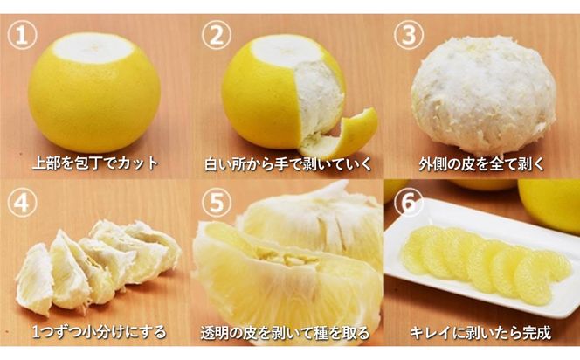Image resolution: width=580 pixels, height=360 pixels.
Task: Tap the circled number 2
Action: click(217, 38)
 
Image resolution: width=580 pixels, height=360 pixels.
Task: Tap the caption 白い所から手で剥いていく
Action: click(288, 163)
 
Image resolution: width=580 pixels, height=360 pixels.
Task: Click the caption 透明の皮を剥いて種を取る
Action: click(288, 333)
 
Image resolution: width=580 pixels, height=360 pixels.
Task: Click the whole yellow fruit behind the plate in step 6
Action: click(550, 204)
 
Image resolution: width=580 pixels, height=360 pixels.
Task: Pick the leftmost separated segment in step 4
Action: click(35, 280)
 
